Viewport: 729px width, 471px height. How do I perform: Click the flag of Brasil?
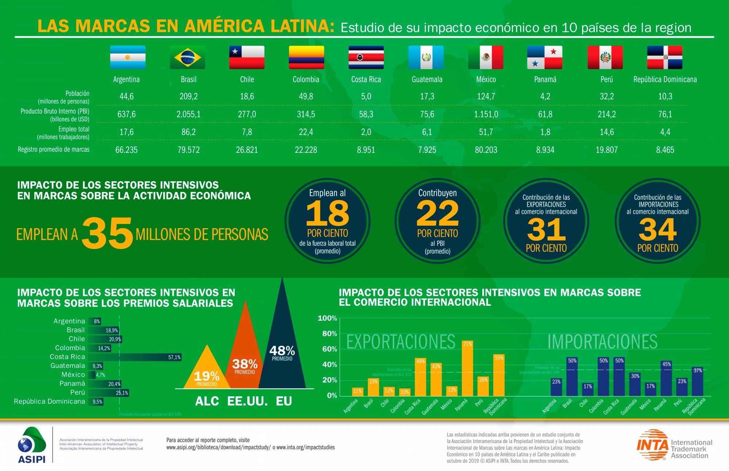(187, 58)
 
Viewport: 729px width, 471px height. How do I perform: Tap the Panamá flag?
(545, 58)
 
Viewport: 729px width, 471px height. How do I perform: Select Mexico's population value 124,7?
(486, 96)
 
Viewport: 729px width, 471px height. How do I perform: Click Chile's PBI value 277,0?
(247, 114)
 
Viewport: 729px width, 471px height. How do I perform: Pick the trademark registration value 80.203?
(486, 150)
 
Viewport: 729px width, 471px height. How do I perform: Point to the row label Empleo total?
(74, 129)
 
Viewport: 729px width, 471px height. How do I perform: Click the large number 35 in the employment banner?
(107, 233)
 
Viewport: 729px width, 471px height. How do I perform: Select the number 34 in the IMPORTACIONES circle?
(658, 229)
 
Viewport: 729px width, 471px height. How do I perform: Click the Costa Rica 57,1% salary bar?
(135, 357)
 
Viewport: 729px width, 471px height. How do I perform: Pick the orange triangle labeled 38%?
(245, 349)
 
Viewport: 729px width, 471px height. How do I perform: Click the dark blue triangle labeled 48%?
(282, 339)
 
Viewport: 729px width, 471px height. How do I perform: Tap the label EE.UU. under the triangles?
(247, 401)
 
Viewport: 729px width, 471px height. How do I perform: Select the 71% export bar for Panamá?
(467, 368)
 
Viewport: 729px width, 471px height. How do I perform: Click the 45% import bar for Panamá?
(666, 379)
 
